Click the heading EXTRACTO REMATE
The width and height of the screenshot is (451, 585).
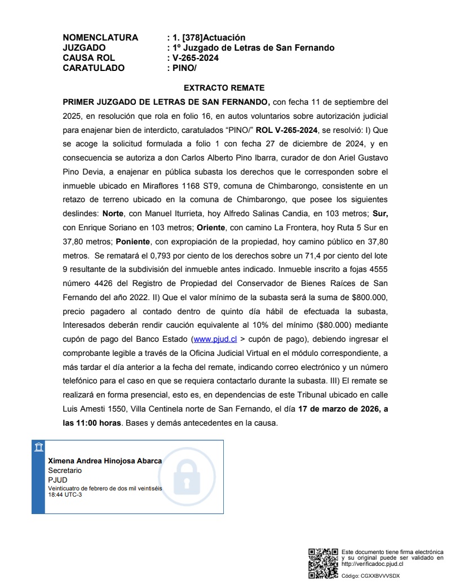point(224,88)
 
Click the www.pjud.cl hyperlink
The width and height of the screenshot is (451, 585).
point(214,340)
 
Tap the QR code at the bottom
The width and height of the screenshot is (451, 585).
point(323,562)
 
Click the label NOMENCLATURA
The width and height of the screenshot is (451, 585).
point(100,38)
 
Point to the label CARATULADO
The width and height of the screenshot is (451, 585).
point(94,68)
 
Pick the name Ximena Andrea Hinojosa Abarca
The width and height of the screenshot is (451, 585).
point(105,461)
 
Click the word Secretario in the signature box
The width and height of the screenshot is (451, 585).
point(65,470)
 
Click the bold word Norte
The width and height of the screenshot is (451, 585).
point(113,214)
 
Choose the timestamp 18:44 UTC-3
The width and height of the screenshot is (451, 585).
point(65,494)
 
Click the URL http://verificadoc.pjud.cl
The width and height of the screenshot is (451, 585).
point(372,564)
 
